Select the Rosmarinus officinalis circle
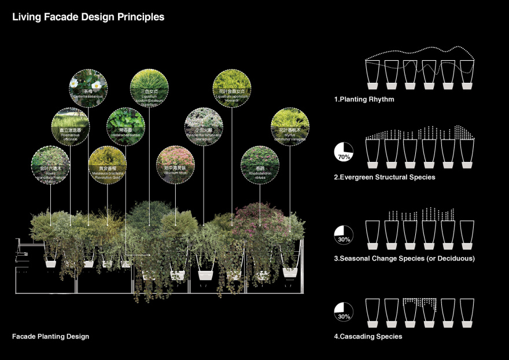[x=70, y=126]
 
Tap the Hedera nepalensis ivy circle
[x=125, y=126]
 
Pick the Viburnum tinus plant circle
[x=175, y=164]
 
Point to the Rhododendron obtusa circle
[x=259, y=164]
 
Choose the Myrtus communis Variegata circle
[x=290, y=126]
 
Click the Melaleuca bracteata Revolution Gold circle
[x=107, y=164]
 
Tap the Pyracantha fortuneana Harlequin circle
[x=203, y=126]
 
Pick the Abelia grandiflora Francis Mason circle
[x=50, y=164]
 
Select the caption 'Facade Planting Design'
[x=50, y=336]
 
